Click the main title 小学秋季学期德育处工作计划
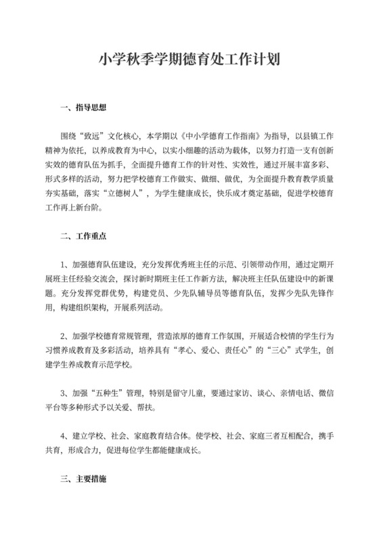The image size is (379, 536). click(x=189, y=60)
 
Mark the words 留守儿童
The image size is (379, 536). click(x=192, y=391)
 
